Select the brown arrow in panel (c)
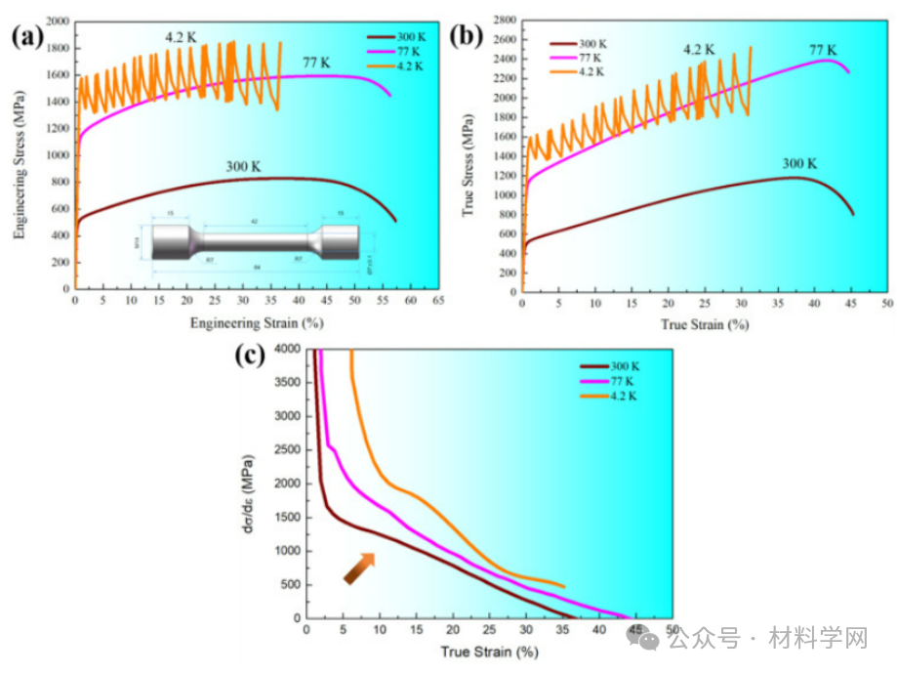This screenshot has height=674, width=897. [358, 569]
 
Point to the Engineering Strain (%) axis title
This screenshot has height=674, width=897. [257, 321]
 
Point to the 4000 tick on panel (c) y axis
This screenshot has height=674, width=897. [285, 349]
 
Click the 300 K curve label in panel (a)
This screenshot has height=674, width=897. [243, 166]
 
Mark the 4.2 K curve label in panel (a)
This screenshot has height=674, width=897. [181, 37]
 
